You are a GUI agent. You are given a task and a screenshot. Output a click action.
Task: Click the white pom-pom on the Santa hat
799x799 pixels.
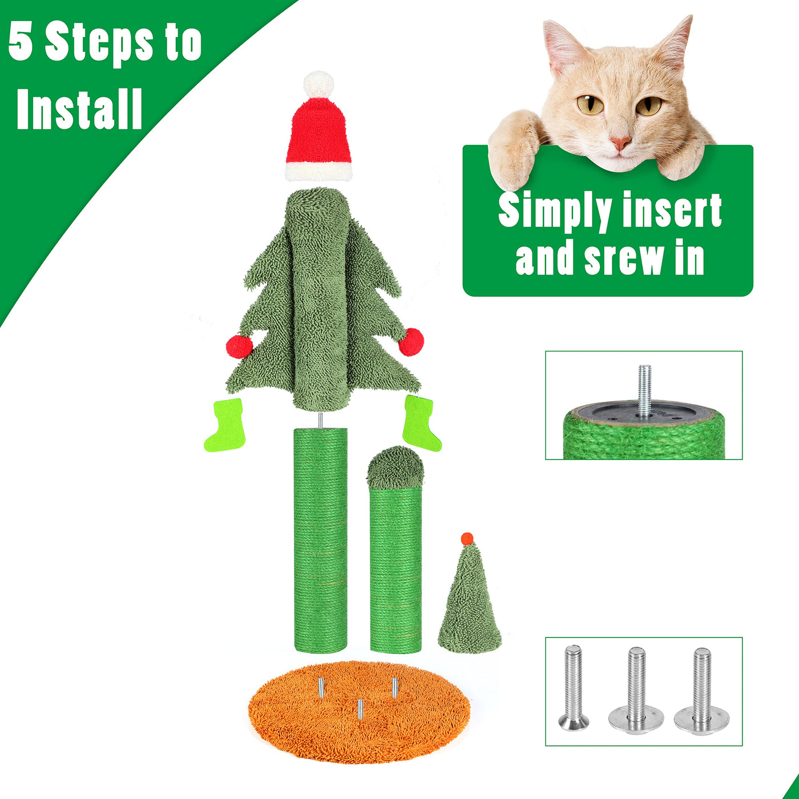[318, 84]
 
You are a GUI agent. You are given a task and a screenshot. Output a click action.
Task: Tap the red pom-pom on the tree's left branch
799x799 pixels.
[239, 346]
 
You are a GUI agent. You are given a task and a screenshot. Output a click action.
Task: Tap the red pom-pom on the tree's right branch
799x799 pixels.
[411, 342]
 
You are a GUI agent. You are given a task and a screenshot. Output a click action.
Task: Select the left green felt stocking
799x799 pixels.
[225, 425]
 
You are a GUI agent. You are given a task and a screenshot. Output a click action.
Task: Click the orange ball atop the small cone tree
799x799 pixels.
[467, 539]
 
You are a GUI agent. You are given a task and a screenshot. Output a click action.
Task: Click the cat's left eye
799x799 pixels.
[591, 104]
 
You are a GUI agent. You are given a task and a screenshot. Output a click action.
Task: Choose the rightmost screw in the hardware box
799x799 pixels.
[701, 692]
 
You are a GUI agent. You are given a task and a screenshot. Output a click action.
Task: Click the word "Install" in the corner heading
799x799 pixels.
[79, 109]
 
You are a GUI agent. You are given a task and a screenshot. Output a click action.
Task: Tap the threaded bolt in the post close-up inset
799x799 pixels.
[644, 391]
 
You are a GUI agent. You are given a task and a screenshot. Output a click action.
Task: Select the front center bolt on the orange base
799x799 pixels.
[360, 709]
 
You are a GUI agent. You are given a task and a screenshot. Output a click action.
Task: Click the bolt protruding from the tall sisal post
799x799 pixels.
[320, 421]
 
